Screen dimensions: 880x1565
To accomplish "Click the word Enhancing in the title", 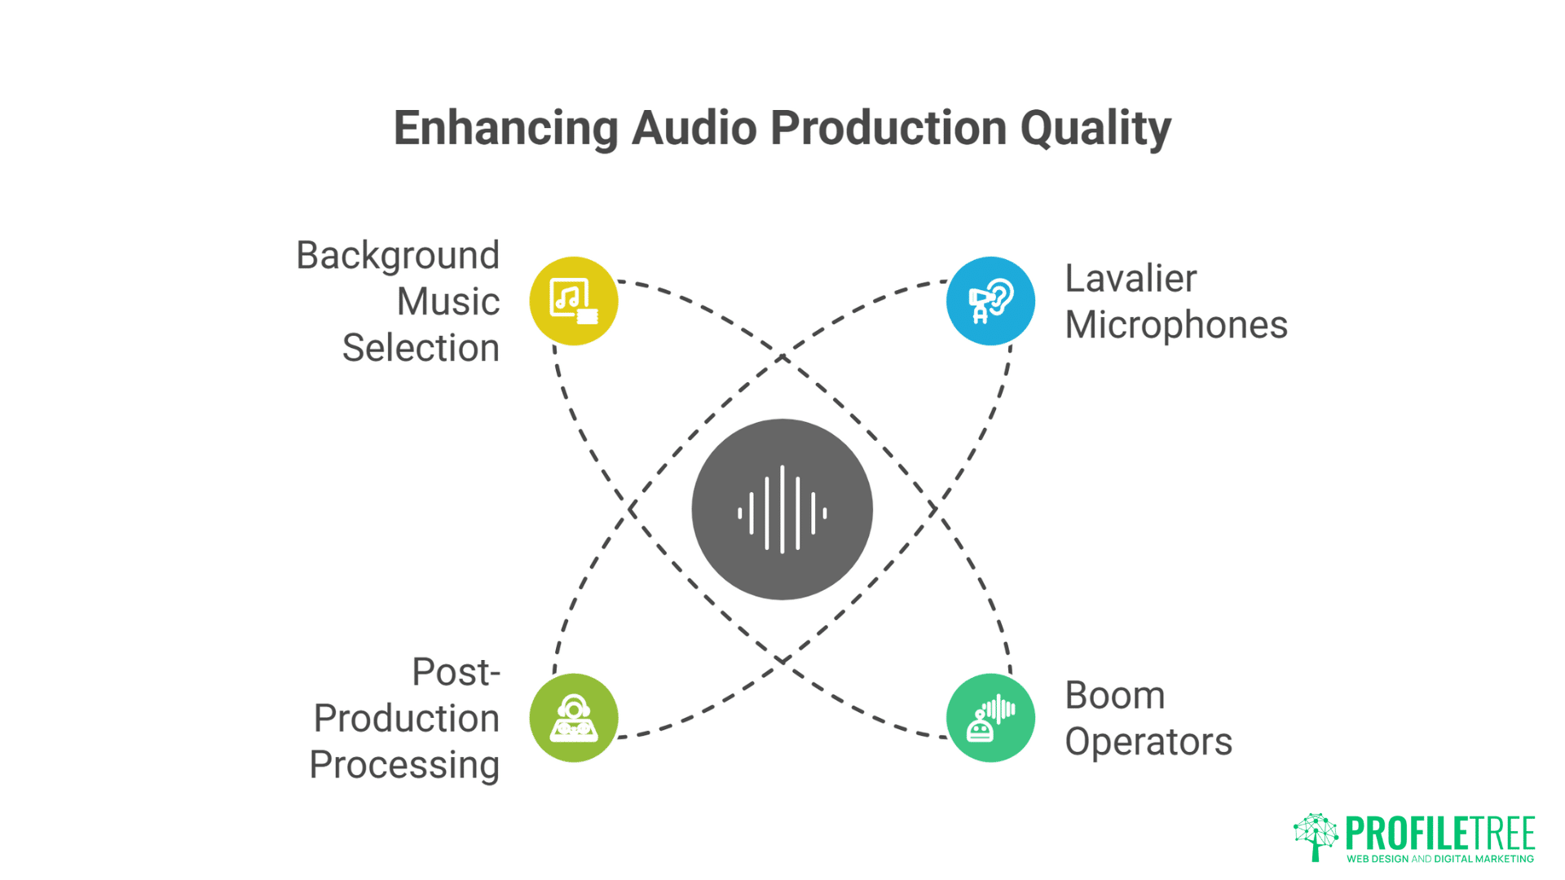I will (505, 129).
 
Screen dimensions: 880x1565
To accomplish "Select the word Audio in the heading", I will (694, 129).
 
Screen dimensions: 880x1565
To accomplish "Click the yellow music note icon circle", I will (574, 301).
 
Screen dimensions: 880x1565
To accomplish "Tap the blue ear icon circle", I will (990, 301).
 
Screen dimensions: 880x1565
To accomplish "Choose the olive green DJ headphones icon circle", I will (574, 718).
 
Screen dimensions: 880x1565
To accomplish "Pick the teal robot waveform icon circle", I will (990, 718).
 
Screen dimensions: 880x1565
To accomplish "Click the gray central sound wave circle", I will (782, 509).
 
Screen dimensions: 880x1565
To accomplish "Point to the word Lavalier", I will (1131, 279).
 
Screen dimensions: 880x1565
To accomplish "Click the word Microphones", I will (1175, 325).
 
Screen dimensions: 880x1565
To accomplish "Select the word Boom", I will (1114, 696).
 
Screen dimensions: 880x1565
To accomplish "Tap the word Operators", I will (1148, 742).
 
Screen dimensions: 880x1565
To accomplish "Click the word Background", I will (398, 256).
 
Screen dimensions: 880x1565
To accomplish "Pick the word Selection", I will (421, 349).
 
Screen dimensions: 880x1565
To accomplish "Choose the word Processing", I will (404, 765).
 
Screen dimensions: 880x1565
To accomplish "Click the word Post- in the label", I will (456, 673).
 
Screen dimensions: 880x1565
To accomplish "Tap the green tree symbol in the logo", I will (1315, 836).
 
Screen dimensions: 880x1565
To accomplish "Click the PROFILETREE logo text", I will (1439, 833).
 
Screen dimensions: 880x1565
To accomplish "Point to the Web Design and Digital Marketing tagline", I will (1439, 859).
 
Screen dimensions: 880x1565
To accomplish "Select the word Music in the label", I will (448, 302).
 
